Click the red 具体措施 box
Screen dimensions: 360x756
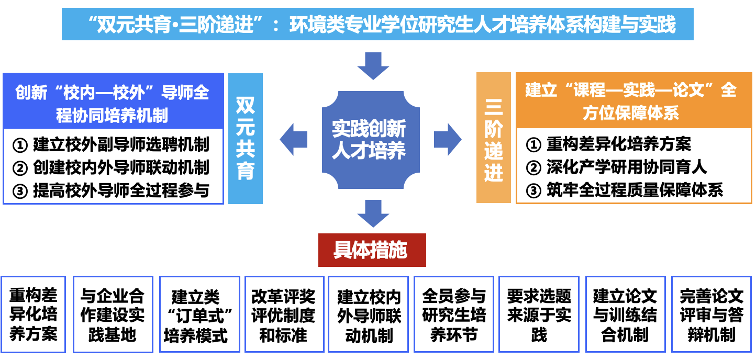tap(372, 250)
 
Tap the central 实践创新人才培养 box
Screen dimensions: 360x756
tap(370, 140)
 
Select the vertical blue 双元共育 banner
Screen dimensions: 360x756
tap(246, 139)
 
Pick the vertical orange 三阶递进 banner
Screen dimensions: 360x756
tap(493, 139)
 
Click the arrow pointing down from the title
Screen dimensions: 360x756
tap(373, 65)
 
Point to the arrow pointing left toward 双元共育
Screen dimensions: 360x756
tap(294, 140)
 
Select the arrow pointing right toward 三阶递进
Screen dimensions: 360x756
tap(447, 140)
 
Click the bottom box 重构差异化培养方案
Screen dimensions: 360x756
tap(34, 314)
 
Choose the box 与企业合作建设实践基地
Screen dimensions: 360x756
tap(113, 314)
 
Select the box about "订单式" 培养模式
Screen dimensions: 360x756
tap(195, 314)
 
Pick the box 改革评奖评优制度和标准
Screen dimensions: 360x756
tap(284, 314)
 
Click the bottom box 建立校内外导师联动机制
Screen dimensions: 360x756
tap(369, 314)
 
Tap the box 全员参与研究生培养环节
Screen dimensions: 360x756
tap(454, 314)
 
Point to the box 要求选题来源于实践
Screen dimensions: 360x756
tap(539, 314)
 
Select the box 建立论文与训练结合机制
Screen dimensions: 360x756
tap(625, 314)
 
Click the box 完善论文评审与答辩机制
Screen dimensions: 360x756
tap(711, 314)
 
